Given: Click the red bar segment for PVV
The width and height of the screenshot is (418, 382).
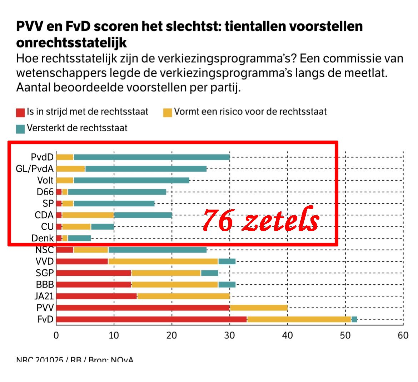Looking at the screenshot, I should pyautogui.click(x=143, y=308).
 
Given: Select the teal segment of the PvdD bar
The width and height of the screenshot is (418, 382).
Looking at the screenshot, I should pyautogui.click(x=151, y=157).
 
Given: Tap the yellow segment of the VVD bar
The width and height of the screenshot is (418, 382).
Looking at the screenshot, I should pyautogui.click(x=163, y=261).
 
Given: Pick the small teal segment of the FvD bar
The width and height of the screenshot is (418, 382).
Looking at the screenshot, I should pyautogui.click(x=354, y=319).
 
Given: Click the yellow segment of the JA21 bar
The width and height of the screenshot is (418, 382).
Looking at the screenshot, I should pyautogui.click(x=183, y=296).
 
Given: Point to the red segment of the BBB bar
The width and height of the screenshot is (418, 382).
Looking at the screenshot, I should pyautogui.click(x=94, y=285).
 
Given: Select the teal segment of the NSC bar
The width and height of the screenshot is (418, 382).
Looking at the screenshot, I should pyautogui.click(x=157, y=250).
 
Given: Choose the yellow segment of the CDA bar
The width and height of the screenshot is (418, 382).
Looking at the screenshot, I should pyautogui.click(x=88, y=215).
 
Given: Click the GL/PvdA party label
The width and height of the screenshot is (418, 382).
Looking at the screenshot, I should pyautogui.click(x=35, y=168).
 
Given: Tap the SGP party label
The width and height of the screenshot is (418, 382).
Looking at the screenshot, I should pyautogui.click(x=45, y=273).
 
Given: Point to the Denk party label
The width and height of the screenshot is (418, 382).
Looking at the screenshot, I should pyautogui.click(x=43, y=238).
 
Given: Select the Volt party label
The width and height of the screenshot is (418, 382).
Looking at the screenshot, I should pyautogui.click(x=45, y=180).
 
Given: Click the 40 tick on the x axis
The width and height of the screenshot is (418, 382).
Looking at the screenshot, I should pyautogui.click(x=287, y=335).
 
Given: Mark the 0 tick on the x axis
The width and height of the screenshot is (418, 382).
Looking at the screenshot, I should pyautogui.click(x=56, y=335).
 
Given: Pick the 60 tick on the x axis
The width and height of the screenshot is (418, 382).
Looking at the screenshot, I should pyautogui.click(x=403, y=335).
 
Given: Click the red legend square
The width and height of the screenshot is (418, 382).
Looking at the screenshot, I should pyautogui.click(x=20, y=113).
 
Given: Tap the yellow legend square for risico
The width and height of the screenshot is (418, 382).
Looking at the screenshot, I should pyautogui.click(x=168, y=113).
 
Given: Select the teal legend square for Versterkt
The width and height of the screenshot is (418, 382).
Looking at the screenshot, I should pyautogui.click(x=20, y=129).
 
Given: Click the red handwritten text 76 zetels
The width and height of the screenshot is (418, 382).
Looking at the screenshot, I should pyautogui.click(x=260, y=220).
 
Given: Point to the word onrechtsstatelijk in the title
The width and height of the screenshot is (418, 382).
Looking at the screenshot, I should pyautogui.click(x=71, y=43).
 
